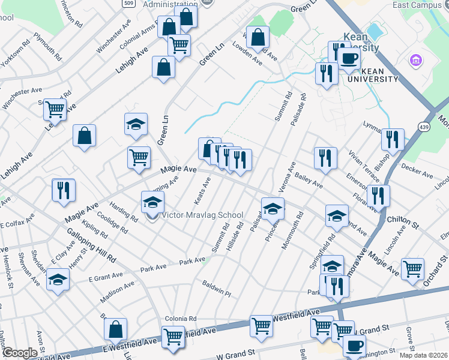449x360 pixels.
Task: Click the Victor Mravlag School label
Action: [203, 215]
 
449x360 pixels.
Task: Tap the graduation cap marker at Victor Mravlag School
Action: [152, 202]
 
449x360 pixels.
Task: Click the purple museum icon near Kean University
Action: [414, 61]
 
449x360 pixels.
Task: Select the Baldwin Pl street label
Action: [217, 288]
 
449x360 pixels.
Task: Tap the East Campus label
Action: [413, 5]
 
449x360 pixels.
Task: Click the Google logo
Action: [20, 353]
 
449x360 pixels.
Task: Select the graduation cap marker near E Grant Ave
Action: [58, 280]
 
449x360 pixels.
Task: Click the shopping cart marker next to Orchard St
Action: [412, 269]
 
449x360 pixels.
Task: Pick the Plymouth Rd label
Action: [47, 46]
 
